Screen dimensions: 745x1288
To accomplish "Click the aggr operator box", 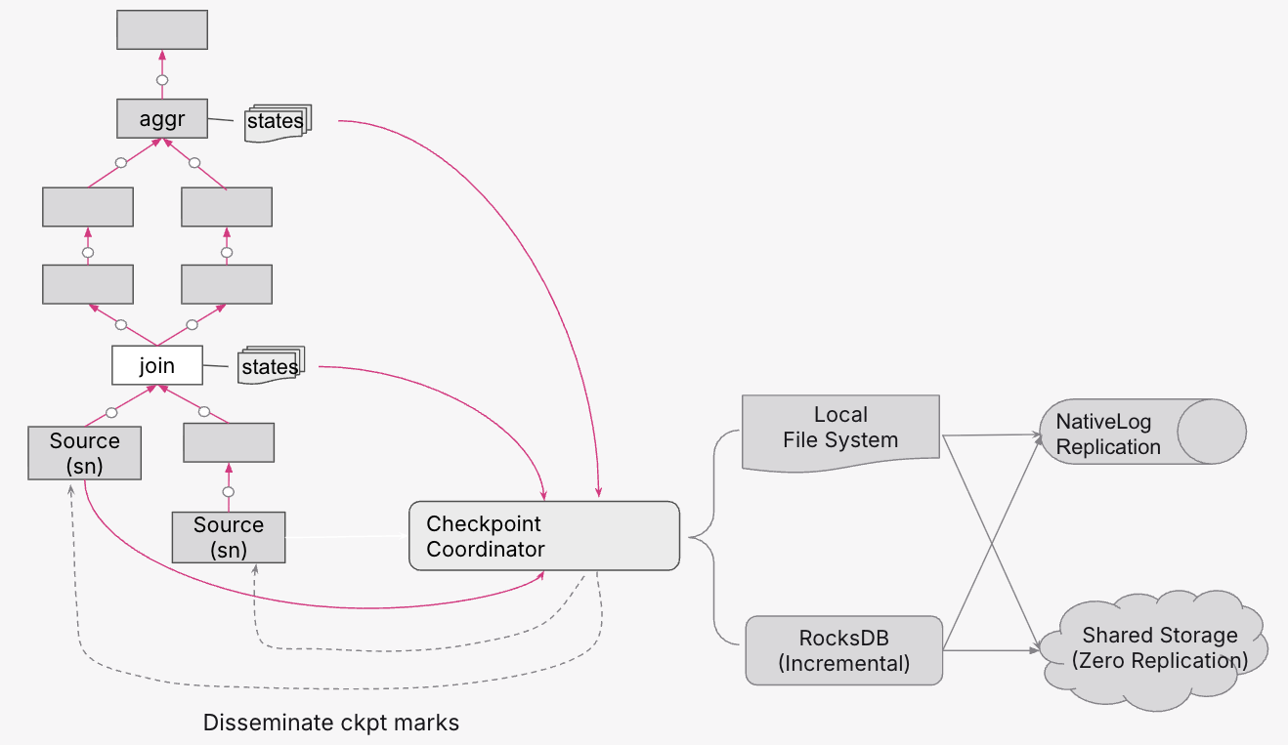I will point(162,118).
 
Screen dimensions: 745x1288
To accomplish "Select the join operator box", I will point(157,365).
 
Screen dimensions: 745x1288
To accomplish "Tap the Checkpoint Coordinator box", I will point(543,536).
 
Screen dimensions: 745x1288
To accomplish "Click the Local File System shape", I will point(840,430).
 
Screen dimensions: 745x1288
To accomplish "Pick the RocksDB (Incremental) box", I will point(843,650).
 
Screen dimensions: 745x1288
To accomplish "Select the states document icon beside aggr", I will point(276,122).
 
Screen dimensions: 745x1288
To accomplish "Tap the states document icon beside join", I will point(271,367).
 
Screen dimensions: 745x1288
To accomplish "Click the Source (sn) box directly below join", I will point(85,452).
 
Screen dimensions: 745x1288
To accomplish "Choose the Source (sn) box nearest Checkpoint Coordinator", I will point(229,537).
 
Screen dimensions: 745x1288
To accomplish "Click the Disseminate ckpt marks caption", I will point(330,724).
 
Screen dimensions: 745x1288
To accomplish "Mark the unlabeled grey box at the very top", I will point(162,29).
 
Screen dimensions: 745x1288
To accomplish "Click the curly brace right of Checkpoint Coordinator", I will point(713,537).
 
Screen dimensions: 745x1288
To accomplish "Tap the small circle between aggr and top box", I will point(162,79).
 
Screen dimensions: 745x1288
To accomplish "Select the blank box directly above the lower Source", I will point(229,443).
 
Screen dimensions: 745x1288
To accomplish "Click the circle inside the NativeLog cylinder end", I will point(1211,431).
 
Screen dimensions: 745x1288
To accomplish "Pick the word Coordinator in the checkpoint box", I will point(486,550).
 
